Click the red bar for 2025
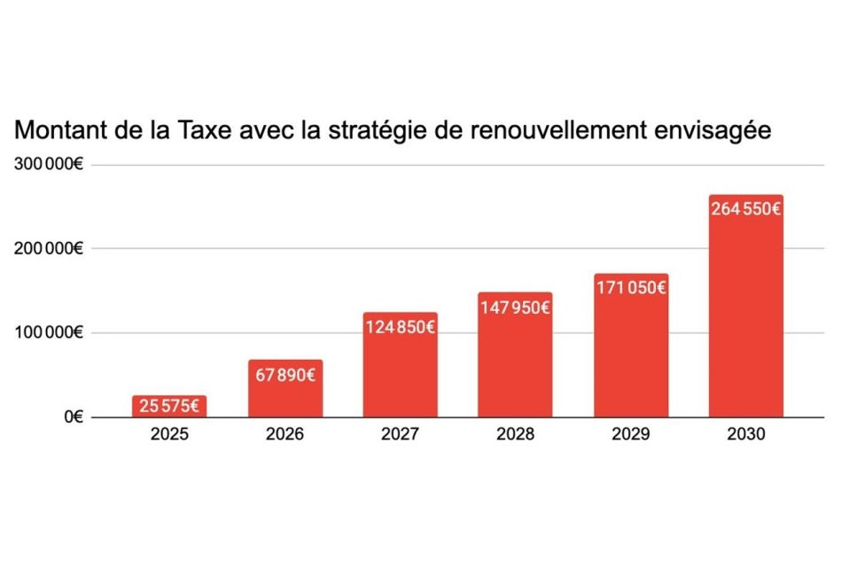[x=169, y=406]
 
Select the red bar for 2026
[x=285, y=388]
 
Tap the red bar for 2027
[x=400, y=364]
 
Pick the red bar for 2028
[x=515, y=355]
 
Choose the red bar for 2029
[x=631, y=345]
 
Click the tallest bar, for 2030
[x=746, y=306]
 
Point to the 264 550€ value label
[x=746, y=209]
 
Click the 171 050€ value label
[x=631, y=288]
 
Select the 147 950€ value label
[x=515, y=308]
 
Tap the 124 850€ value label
[x=400, y=327]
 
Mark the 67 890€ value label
[x=285, y=375]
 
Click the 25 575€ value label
[x=169, y=406]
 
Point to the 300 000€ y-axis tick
[x=49, y=164]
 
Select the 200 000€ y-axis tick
[x=49, y=248]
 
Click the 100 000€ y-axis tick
[x=49, y=333]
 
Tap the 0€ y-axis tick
[x=74, y=417]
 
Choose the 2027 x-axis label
[x=400, y=433]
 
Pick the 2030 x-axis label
[x=746, y=433]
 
